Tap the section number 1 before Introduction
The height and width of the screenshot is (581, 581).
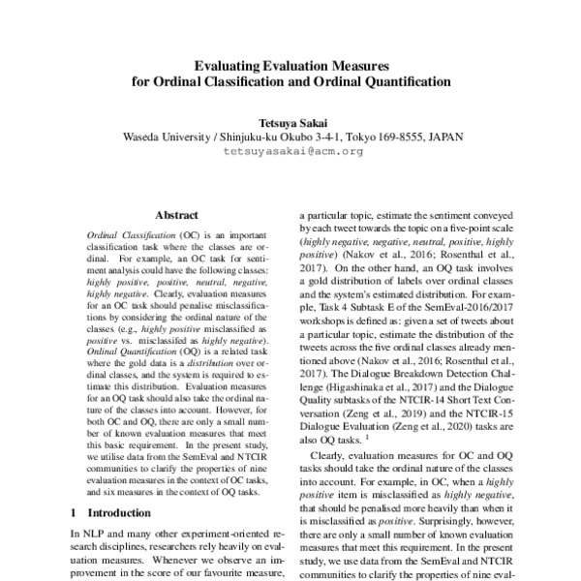click(x=76, y=511)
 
